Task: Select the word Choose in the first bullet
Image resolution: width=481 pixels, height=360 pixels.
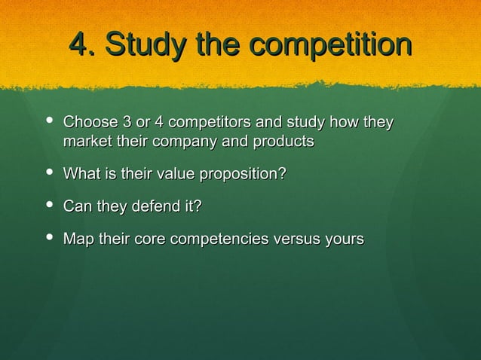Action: (x=87, y=122)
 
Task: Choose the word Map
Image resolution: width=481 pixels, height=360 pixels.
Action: (x=77, y=239)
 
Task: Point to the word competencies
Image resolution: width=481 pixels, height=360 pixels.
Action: (x=220, y=240)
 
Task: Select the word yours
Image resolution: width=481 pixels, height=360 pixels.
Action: (x=344, y=240)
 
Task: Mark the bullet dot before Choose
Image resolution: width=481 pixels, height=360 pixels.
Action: (x=49, y=121)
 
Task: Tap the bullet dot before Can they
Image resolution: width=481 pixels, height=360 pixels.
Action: (x=49, y=205)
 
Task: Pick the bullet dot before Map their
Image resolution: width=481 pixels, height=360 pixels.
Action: (x=49, y=238)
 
